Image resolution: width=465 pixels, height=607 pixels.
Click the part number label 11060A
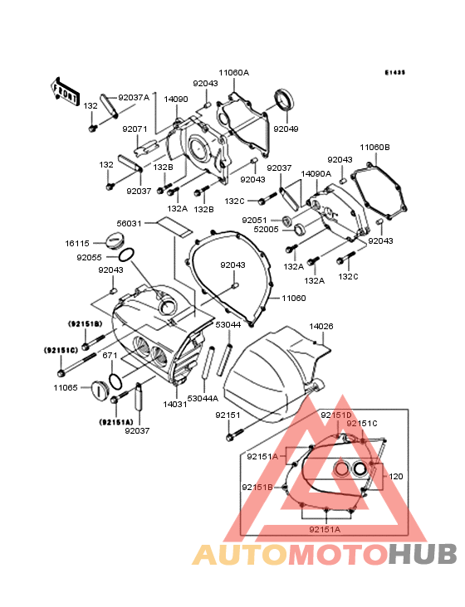(233, 73)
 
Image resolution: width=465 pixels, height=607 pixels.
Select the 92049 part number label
(286, 129)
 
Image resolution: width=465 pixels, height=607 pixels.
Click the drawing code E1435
(394, 73)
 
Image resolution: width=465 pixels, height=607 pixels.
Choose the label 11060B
(374, 148)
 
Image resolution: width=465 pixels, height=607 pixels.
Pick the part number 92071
(135, 129)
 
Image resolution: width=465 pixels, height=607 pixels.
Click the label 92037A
(133, 97)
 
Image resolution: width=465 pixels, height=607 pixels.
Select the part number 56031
(130, 223)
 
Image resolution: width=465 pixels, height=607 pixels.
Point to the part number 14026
(321, 327)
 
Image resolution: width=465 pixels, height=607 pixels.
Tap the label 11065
(66, 387)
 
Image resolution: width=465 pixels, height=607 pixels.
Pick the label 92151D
(336, 415)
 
